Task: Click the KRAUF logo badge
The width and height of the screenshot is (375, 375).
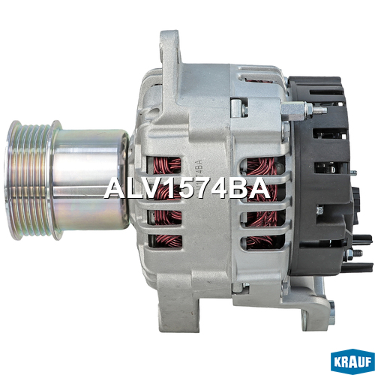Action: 352,361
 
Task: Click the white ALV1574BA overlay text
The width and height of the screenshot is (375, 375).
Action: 187,189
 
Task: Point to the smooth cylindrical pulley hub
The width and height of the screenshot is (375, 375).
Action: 90,179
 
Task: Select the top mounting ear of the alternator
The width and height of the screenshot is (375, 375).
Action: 170,50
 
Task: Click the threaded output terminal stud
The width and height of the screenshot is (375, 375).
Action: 319,109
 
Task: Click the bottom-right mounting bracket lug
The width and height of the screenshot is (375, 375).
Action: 317,310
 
